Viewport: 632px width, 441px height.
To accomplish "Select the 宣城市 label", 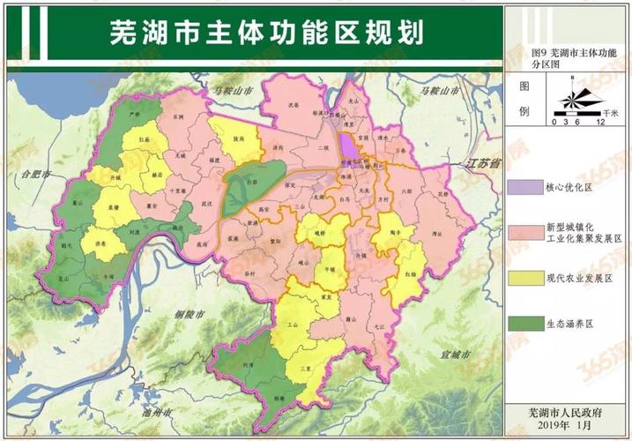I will click(x=455, y=355).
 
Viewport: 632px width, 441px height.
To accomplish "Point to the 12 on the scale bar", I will click(x=599, y=121).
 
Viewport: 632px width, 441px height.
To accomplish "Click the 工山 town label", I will click(x=294, y=325).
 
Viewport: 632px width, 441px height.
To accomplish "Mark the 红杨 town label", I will click(x=411, y=274).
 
